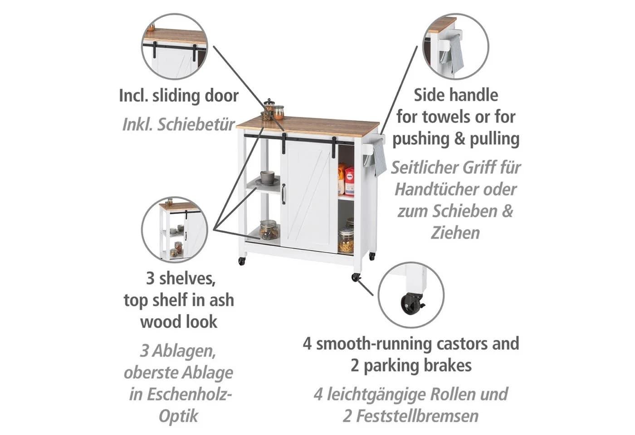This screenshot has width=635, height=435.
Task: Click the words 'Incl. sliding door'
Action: [179, 96]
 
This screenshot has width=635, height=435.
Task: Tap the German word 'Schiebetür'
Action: [196, 124]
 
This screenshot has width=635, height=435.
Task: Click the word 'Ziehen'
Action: [455, 233]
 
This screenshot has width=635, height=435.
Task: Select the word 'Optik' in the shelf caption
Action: [178, 416]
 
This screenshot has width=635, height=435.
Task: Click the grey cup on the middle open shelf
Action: [267, 177]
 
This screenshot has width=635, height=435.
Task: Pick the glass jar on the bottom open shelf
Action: [269, 230]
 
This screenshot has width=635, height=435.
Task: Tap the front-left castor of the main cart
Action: [241, 261]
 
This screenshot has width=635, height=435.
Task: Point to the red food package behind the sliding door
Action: [349, 181]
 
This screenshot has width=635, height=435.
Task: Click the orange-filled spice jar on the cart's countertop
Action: [278, 112]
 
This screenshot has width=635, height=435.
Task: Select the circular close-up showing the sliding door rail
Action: [175, 46]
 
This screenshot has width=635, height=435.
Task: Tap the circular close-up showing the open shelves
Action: [175, 230]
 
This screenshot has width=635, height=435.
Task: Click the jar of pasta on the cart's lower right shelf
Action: [346, 241]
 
